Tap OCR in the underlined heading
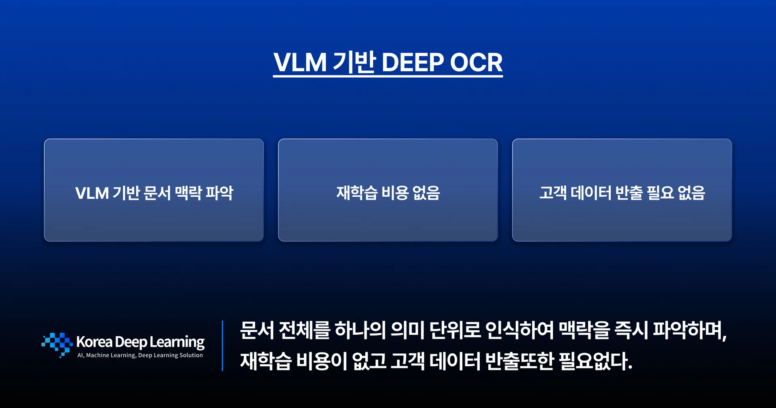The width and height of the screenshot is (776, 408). pos(476,62)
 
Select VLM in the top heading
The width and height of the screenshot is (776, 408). pos(300,62)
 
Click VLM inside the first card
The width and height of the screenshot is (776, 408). pos(92,193)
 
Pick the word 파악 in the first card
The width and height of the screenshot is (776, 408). pos(219,193)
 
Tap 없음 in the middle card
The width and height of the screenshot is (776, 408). pos(426,193)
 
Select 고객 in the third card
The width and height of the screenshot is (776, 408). pos(553,193)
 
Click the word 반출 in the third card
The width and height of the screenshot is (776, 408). pos(629,193)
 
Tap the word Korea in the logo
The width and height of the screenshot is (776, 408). pos(94,342)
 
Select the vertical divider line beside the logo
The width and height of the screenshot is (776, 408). pos(222,346)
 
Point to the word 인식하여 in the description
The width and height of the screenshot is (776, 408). pos(519,330)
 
